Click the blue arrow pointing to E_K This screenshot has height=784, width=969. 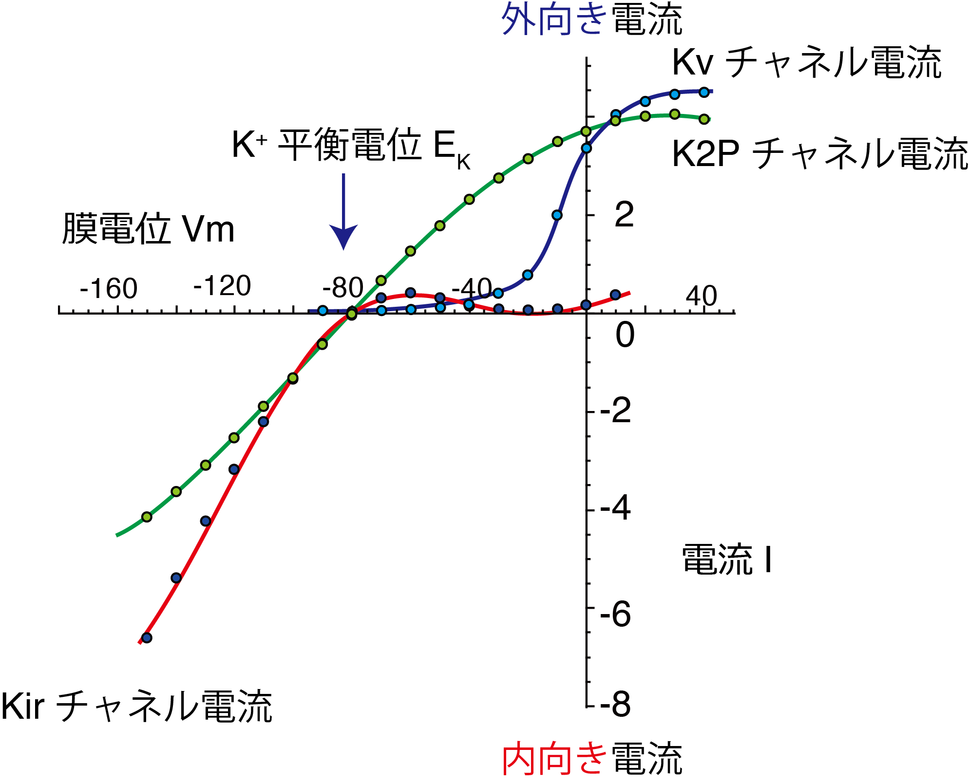(343, 214)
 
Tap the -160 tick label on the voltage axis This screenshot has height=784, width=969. (109, 289)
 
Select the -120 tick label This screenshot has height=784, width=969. (222, 286)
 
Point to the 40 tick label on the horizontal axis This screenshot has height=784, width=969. (701, 296)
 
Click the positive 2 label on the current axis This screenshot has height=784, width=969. (624, 214)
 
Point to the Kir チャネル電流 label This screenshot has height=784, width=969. (136, 706)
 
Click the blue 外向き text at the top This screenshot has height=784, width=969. (554, 19)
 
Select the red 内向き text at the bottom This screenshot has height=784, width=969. (554, 759)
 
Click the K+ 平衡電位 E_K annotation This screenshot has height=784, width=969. (351, 146)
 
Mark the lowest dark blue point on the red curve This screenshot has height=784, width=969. (147, 637)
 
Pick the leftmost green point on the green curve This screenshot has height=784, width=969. (147, 517)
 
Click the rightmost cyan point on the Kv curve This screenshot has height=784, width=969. (704, 92)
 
